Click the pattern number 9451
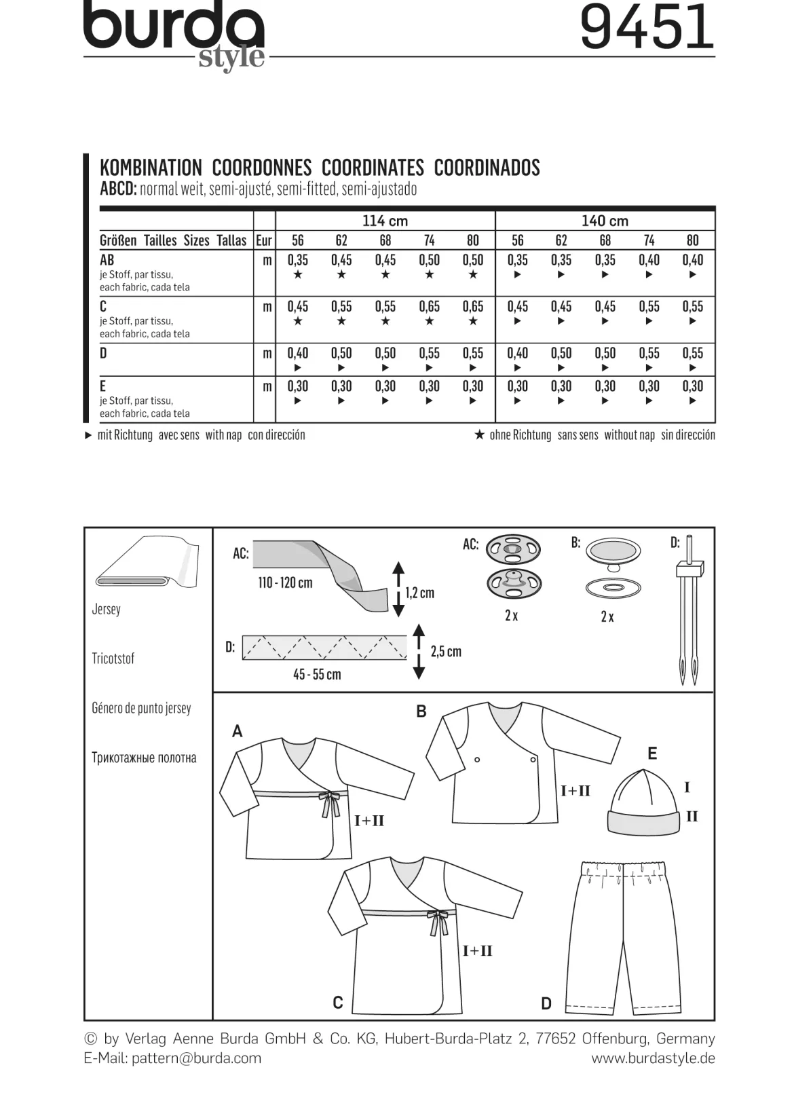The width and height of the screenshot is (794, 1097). pyautogui.click(x=647, y=27)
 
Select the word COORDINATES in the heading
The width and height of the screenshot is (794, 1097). pyautogui.click(x=373, y=168)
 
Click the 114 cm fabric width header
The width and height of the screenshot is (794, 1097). pyautogui.click(x=385, y=221)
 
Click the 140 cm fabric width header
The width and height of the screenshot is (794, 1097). pyautogui.click(x=605, y=221)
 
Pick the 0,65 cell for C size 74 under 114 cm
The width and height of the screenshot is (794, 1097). pyautogui.click(x=429, y=307)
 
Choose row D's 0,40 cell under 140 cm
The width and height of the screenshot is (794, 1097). pyautogui.click(x=517, y=353)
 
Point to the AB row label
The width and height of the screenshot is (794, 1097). pyautogui.click(x=107, y=260)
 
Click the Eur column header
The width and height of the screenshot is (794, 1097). pyautogui.click(x=264, y=240)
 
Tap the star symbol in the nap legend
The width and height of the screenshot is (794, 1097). pyautogui.click(x=480, y=434)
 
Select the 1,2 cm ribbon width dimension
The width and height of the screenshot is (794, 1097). pyautogui.click(x=419, y=593)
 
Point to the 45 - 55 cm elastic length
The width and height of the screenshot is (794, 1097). pyautogui.click(x=317, y=674)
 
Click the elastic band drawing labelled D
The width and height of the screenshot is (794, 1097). pyautogui.click(x=324, y=648)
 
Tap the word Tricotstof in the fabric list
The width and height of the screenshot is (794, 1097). pyautogui.click(x=113, y=658)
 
